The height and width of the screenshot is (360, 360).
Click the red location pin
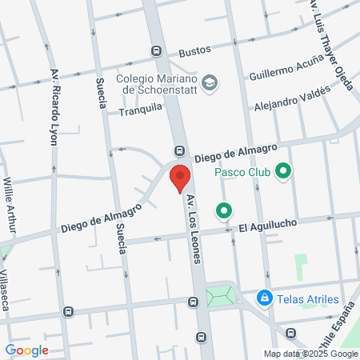coord(181,178)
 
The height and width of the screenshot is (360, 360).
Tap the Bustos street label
coord(194,50)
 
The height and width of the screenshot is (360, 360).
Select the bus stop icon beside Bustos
coord(157,50)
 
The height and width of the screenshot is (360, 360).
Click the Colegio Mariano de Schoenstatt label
coord(157,86)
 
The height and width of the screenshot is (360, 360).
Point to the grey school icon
coord(210,82)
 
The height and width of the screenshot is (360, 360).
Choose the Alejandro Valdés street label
coord(292,98)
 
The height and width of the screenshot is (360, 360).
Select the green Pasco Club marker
coord(282,171)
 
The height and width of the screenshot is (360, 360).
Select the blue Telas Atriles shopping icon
coord(263,298)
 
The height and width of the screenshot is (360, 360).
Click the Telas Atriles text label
coord(308,299)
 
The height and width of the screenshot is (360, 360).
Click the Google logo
coord(26,350)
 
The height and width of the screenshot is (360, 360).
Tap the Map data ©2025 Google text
coord(312,354)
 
